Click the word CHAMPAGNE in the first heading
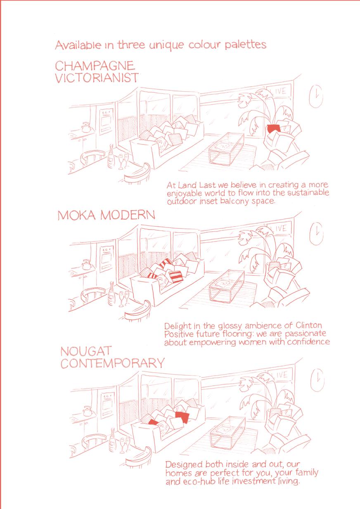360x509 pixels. point(95,66)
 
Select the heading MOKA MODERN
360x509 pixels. point(107,215)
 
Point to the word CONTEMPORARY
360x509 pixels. point(112,363)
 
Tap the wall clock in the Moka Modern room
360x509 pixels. point(316,233)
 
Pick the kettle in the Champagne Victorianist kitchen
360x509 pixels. point(86,127)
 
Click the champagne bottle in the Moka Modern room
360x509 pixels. point(112,294)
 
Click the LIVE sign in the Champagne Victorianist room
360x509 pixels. point(279,91)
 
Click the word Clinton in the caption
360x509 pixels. point(309,325)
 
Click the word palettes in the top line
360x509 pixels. point(246,45)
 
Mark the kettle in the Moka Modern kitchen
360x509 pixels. point(86,265)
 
